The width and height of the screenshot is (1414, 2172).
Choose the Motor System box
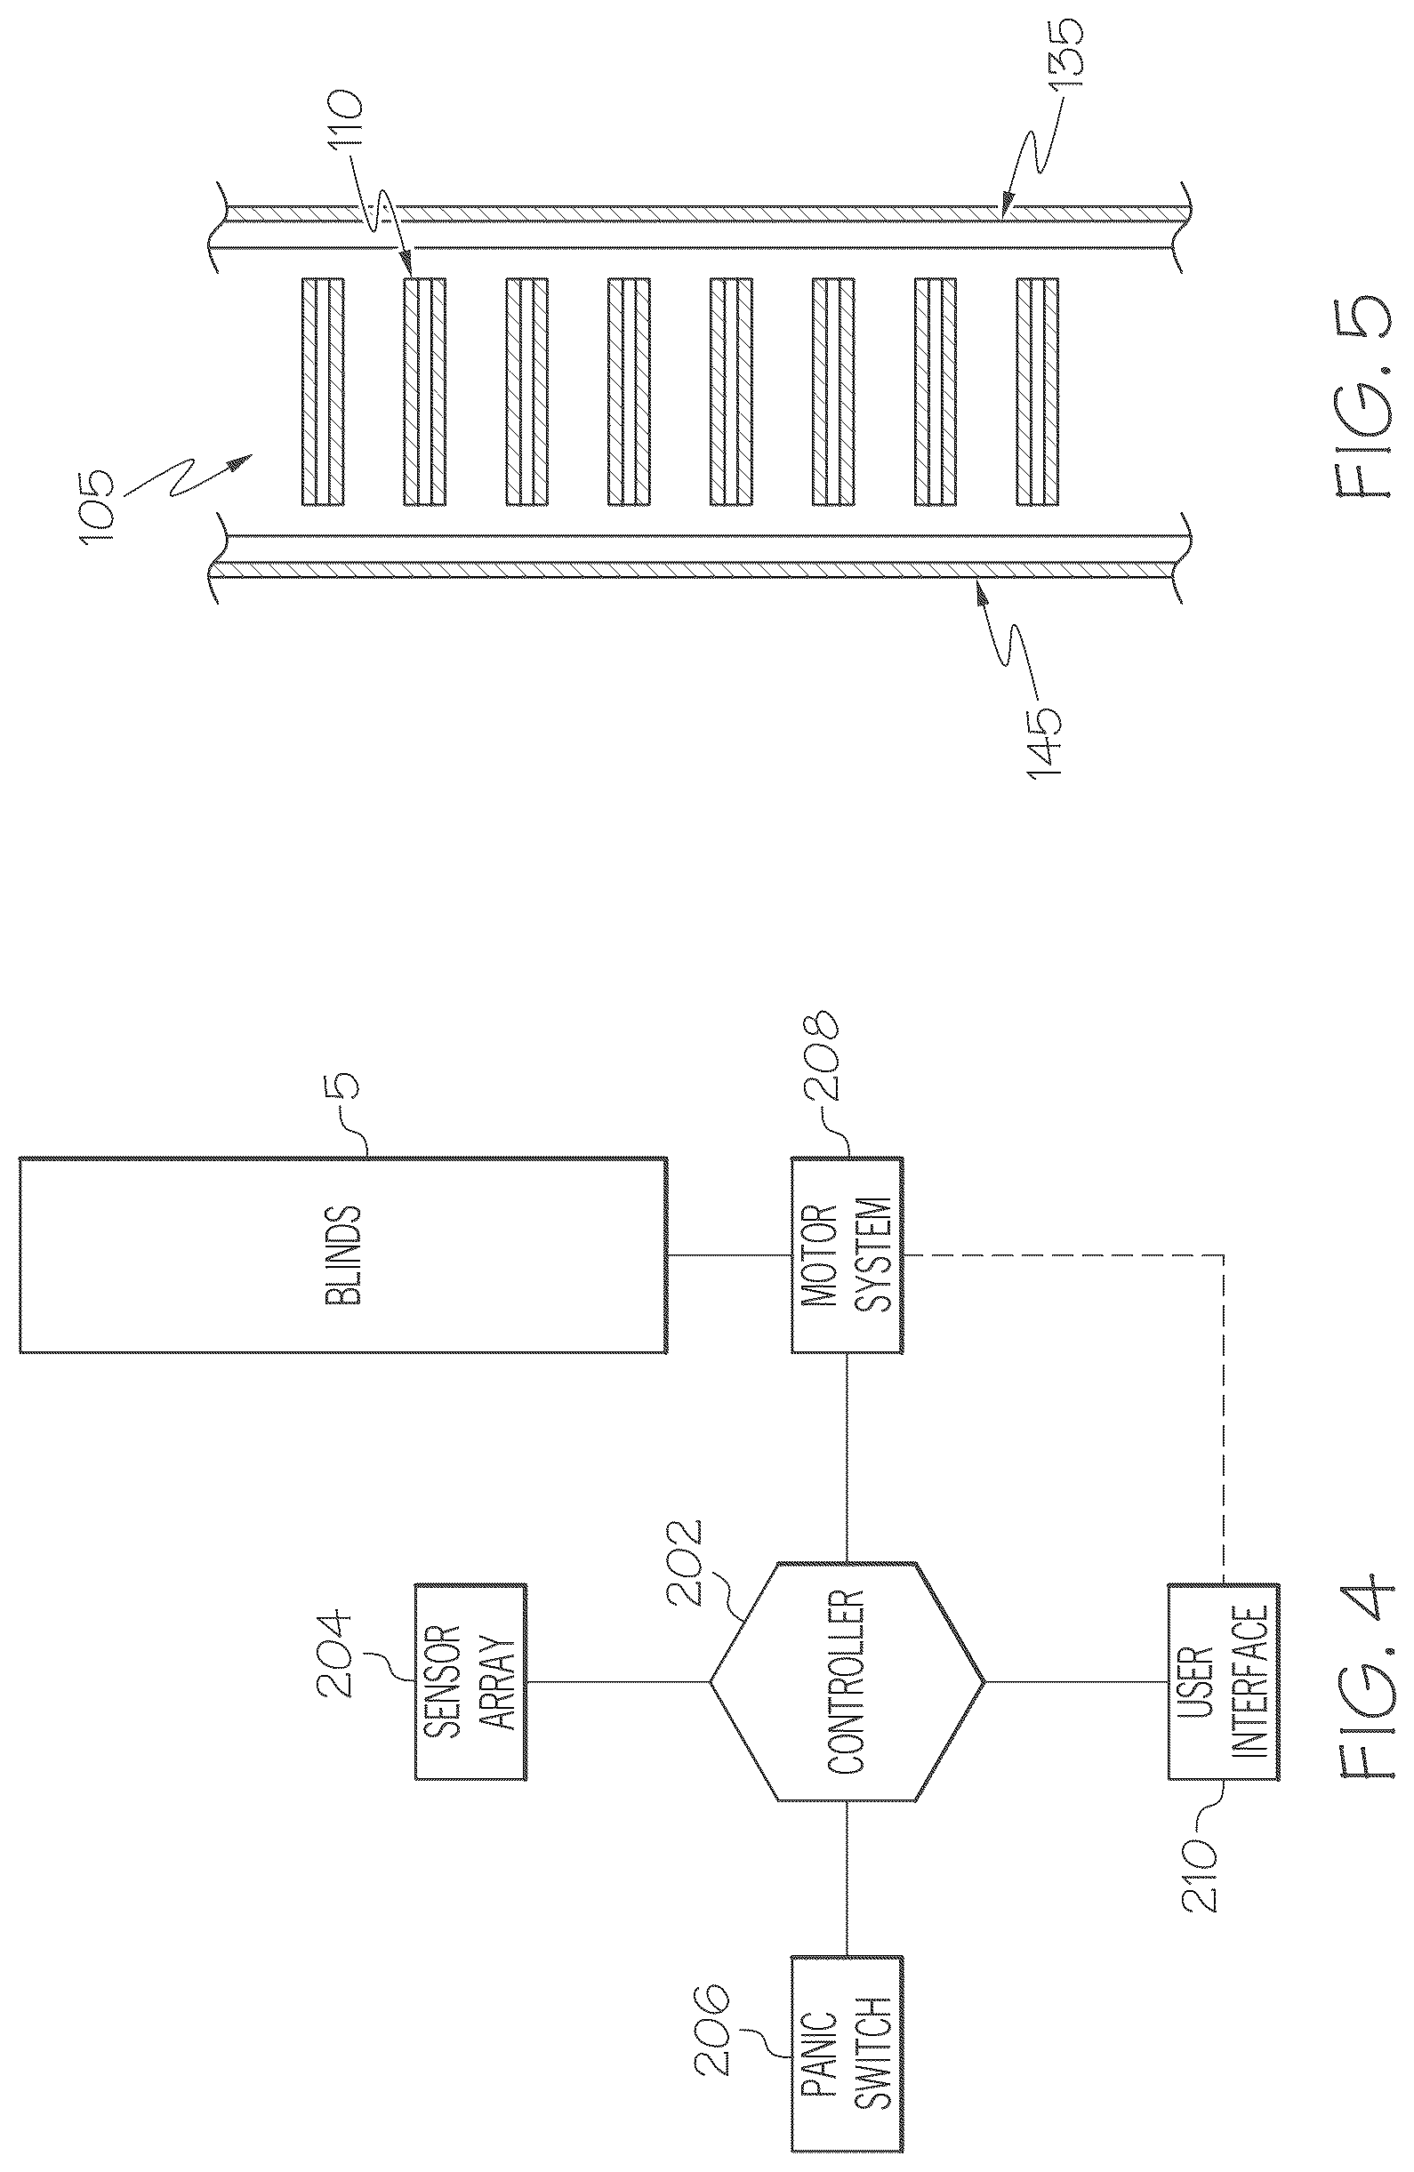(x=847, y=1254)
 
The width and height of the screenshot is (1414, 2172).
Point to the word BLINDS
(x=343, y=1254)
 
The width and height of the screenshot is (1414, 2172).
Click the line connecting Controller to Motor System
(x=847, y=1456)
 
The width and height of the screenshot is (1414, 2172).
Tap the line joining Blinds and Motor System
(x=727, y=1254)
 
